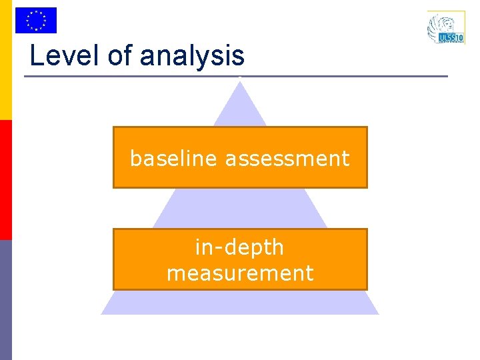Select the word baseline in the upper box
pyautogui.click(x=174, y=159)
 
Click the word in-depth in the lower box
pyautogui.click(x=239, y=247)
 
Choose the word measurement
pyautogui.click(x=239, y=273)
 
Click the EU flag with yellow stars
pyautogui.click(x=36, y=20)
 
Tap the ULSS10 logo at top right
pyautogui.click(x=445, y=28)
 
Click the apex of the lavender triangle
pyautogui.click(x=239, y=81)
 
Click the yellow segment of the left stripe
pyautogui.click(x=5, y=60)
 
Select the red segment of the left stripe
pyautogui.click(x=5, y=180)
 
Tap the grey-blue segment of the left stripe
pyautogui.click(x=5, y=300)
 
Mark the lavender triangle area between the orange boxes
pyautogui.click(x=239, y=208)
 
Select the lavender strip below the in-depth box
pyautogui.click(x=239, y=302)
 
